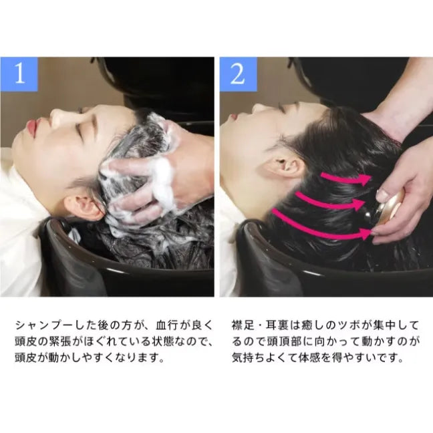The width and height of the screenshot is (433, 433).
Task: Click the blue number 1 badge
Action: (19, 74)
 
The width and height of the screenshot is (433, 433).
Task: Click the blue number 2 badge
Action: (239, 74)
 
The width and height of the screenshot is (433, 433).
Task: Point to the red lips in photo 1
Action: (33, 125)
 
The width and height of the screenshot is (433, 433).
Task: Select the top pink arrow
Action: (345, 179)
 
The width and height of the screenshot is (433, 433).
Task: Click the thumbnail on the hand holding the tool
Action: (382, 195)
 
